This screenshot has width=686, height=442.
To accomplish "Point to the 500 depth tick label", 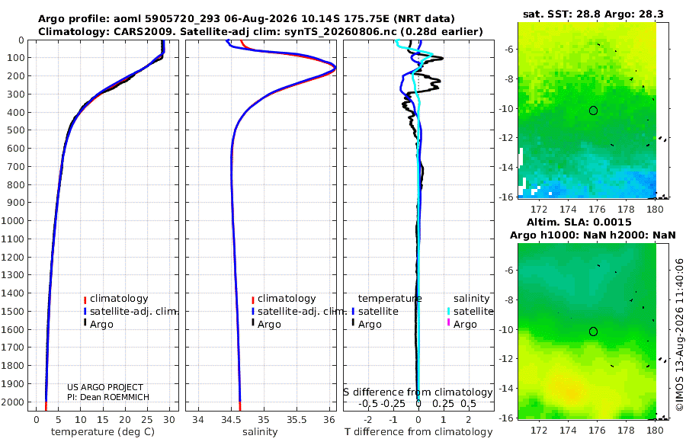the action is coord(15,130).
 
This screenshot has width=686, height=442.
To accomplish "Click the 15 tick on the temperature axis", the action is coord(102,420).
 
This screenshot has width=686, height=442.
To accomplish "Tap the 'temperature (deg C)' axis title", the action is coord(103,432).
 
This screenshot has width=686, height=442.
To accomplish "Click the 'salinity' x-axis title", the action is coord(260,432).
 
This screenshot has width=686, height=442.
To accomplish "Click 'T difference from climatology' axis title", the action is coord(418,432).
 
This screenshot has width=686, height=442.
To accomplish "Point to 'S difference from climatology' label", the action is coord(418,392).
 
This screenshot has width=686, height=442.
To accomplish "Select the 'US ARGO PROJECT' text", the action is coord(105,387).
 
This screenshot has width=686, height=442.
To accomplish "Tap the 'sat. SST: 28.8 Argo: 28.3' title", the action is coord(593,14).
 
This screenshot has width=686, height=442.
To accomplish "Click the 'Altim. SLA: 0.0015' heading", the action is coord(579,223).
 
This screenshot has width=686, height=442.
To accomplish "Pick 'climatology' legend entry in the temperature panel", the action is coord(119,299).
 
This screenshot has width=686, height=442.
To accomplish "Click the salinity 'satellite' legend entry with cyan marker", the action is coord(473,312).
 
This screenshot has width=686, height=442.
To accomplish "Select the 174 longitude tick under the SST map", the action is coord(568,209).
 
